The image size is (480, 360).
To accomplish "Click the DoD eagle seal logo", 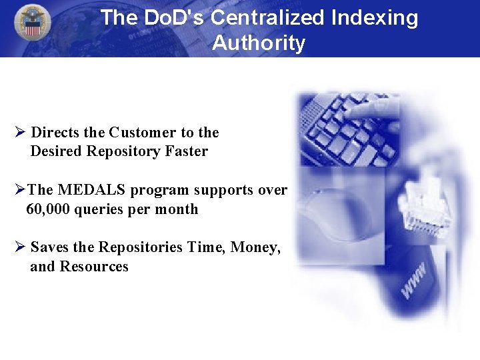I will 32,22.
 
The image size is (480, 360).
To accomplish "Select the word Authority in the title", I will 259,43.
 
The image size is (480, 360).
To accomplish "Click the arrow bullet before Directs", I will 19,132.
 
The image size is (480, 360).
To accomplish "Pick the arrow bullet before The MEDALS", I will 19,190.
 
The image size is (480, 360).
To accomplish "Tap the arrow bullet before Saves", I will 19,247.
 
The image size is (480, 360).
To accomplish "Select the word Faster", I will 187,151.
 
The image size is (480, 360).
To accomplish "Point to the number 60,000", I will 48,209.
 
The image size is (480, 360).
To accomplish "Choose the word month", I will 177,209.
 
